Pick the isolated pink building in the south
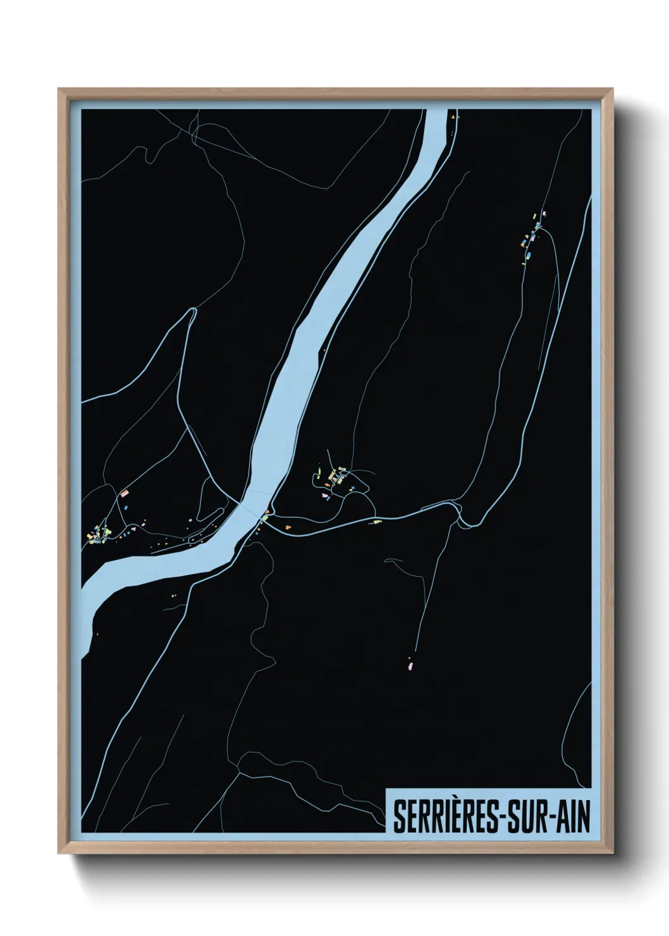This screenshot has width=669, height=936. pos(409,665)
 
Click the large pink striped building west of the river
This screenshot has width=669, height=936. pos(125,492)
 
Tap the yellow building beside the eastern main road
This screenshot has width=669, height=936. pos(377,521)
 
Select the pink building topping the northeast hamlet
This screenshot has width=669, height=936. pos(543,214)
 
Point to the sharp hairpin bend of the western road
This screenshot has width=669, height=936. pos(193,310)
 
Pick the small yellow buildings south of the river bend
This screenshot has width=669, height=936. pos(174,594)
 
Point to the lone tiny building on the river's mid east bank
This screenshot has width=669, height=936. pos(326,350)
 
